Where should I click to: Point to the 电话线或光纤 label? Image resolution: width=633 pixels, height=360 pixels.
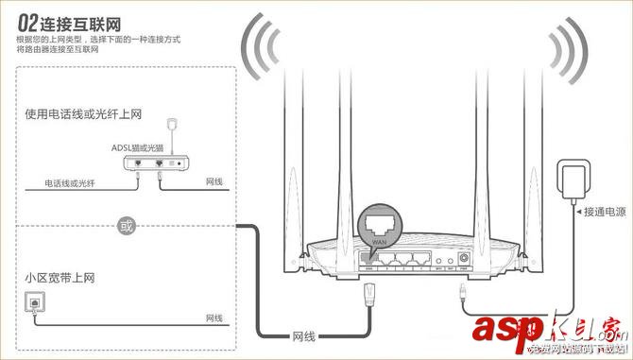[56, 181]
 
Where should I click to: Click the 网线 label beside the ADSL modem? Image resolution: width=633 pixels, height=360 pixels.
[214, 181]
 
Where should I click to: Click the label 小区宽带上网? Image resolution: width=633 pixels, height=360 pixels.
[61, 280]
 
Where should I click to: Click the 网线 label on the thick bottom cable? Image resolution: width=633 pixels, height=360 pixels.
[303, 335]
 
